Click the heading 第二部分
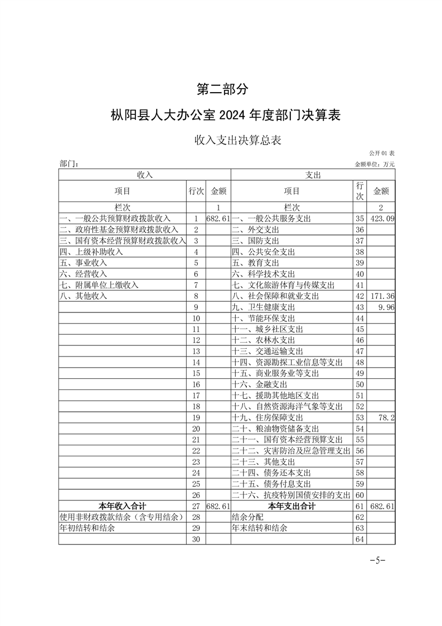(x=221, y=89)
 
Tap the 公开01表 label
(x=382, y=153)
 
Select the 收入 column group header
(x=144, y=175)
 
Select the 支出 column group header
(x=312, y=175)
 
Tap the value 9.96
(x=385, y=307)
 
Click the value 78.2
(x=386, y=417)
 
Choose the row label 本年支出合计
(x=292, y=506)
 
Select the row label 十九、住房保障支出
(x=268, y=417)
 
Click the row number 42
(x=359, y=296)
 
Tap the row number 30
(x=196, y=539)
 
